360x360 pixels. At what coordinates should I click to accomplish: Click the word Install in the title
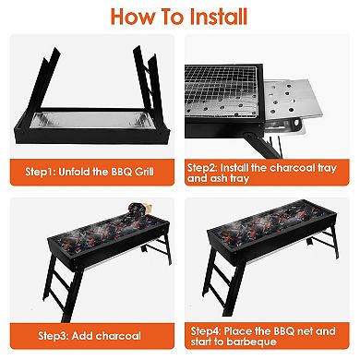pos(212,17)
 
